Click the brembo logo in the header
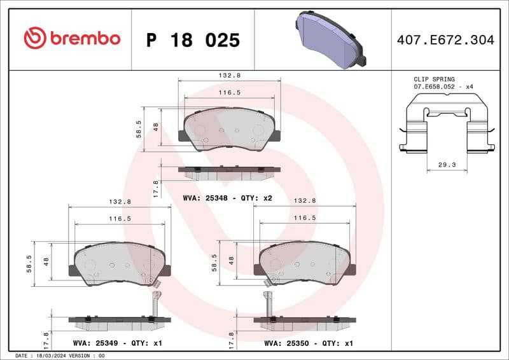click(x=71, y=39)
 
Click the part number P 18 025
click(x=193, y=40)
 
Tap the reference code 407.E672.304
click(x=445, y=40)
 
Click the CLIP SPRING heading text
click(x=434, y=80)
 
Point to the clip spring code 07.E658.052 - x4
click(x=443, y=87)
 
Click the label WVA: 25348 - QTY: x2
click(x=227, y=198)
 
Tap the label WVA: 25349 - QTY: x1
click(x=118, y=343)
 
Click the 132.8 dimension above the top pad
click(x=228, y=75)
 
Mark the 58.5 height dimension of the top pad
click(x=139, y=130)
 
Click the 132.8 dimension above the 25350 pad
click(x=304, y=200)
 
